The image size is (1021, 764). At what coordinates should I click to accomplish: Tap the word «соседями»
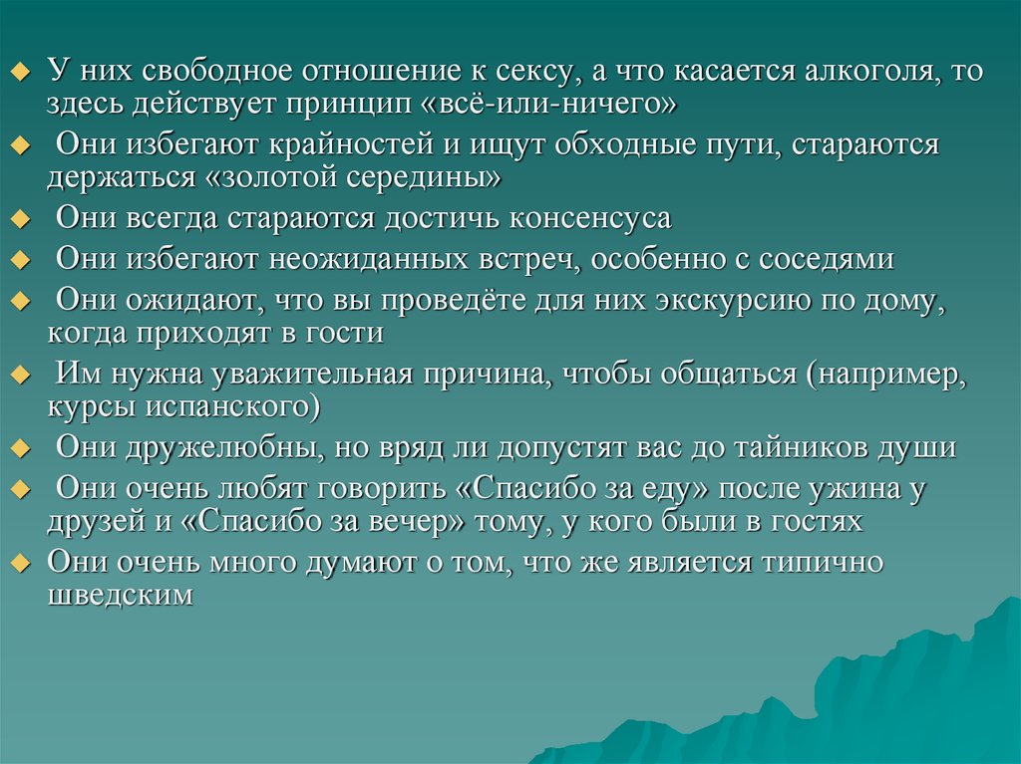(827, 259)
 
